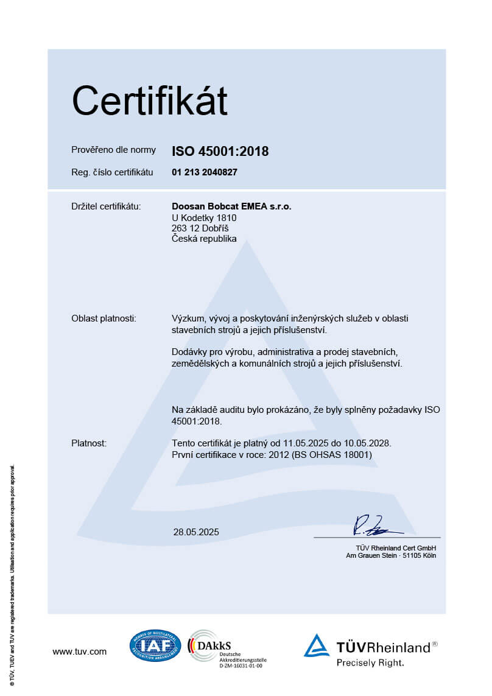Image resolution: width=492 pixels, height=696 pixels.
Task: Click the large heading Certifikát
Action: pyautogui.click(x=149, y=101)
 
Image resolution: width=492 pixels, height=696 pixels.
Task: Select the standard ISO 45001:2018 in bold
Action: pyautogui.click(x=220, y=152)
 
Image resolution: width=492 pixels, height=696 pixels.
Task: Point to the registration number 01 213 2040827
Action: pyautogui.click(x=205, y=172)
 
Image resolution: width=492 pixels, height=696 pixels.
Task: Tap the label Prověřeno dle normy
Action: pyautogui.click(x=113, y=150)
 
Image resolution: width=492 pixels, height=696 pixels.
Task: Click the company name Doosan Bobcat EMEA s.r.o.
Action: pyautogui.click(x=231, y=206)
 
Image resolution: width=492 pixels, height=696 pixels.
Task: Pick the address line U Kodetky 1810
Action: pyautogui.click(x=204, y=218)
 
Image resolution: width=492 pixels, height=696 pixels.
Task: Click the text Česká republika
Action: pyautogui.click(x=204, y=239)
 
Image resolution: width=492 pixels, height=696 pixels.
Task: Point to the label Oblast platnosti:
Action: pyautogui.click(x=104, y=318)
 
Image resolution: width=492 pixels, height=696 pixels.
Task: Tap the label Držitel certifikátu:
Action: pyautogui.click(x=106, y=206)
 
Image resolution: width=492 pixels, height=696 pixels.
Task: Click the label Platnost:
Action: pyautogui.click(x=89, y=443)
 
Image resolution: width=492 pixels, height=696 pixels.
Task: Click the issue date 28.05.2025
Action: pyautogui.click(x=196, y=532)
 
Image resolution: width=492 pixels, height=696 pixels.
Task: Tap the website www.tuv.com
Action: pyautogui.click(x=79, y=652)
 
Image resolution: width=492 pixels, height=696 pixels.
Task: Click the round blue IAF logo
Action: pyautogui.click(x=155, y=645)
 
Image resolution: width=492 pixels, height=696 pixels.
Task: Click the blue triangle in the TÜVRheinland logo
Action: pyautogui.click(x=317, y=646)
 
